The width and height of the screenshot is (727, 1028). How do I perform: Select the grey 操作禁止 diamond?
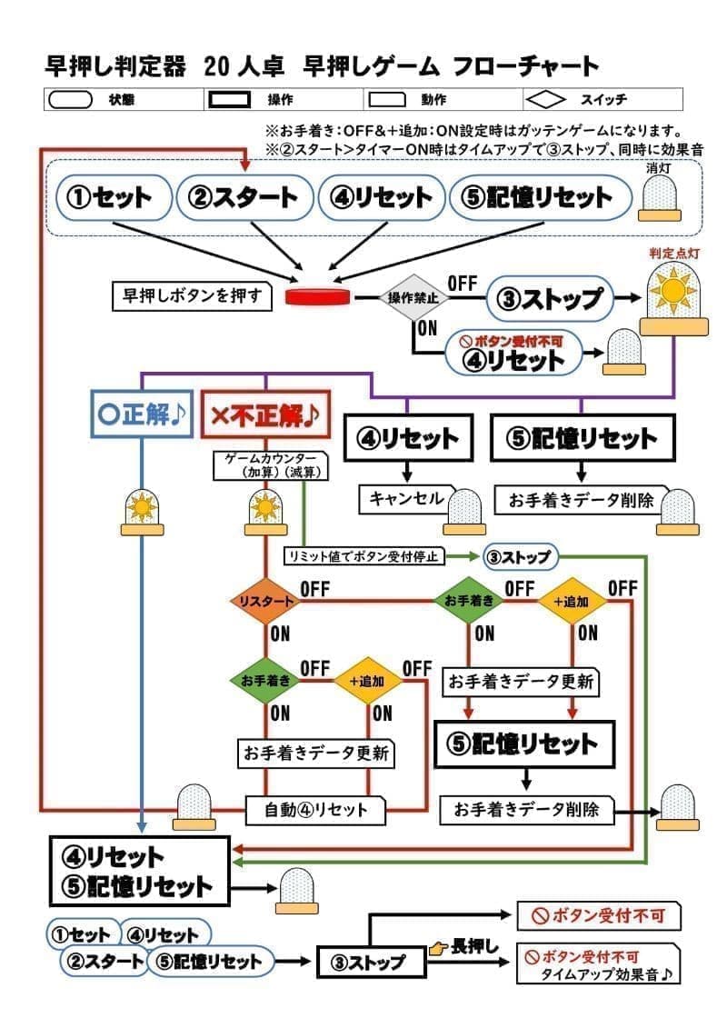coord(413,298)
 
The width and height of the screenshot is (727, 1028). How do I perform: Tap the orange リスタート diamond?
coord(264,602)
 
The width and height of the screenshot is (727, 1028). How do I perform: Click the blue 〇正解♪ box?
coord(141,414)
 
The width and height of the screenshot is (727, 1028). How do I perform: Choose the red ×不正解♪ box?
coord(264,415)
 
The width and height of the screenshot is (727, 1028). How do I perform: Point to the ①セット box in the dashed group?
coord(115,197)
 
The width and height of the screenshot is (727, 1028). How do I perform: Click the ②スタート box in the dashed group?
coord(243,197)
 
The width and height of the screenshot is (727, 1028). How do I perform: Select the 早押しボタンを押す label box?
coord(193,296)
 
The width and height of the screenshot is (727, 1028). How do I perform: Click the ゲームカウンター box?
coord(269,465)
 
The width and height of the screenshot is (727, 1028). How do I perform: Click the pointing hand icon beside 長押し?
coord(440,947)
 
